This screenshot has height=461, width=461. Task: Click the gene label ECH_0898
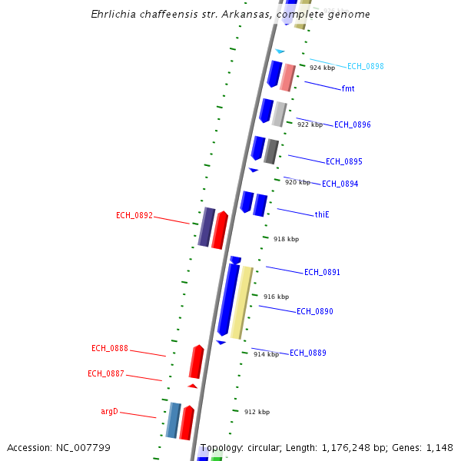coord(365,67)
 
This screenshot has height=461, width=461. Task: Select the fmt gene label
coord(348,89)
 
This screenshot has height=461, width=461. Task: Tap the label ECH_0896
coord(352,124)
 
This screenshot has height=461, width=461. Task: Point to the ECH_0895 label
coord(343,162)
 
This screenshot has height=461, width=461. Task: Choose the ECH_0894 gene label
coord(340,184)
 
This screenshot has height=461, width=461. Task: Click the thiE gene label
coord(322,214)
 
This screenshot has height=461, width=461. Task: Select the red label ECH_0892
coord(134,216)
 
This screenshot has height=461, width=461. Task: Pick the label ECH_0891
coord(322,273)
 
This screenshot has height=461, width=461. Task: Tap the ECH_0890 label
coord(314,312)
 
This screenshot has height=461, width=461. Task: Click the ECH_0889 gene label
coord(307,353)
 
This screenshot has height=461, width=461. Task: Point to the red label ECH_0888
coord(110,349)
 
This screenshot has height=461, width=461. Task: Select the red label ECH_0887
coord(106,374)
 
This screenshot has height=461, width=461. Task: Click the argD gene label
coord(110,412)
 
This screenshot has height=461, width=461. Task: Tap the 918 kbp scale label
coord(286,240)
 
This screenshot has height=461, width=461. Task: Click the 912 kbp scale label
coord(257,413)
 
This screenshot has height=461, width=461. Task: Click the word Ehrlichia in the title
coord(115,15)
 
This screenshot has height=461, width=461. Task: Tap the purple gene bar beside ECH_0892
coord(206,227)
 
